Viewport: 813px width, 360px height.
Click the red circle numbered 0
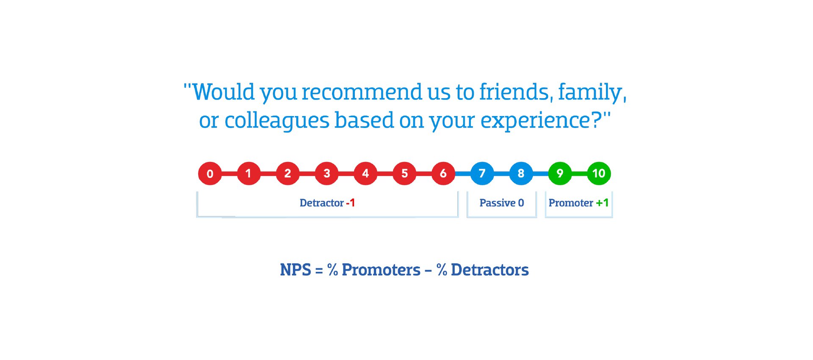210,174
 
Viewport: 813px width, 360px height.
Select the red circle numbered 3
326,174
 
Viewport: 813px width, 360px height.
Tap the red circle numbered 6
443,174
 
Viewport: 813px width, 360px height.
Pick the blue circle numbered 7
482,174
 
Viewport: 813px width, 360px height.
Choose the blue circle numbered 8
521,174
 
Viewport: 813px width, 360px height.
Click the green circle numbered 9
560,174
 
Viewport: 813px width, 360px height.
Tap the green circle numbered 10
599,174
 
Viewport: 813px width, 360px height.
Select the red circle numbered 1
249,174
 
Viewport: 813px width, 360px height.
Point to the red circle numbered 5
404,174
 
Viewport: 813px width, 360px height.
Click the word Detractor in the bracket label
321,203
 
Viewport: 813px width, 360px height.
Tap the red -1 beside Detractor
351,203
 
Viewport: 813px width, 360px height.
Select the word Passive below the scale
497,203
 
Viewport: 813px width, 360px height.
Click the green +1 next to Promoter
602,203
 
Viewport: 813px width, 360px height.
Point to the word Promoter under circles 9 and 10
570,203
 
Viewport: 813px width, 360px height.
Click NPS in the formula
296,270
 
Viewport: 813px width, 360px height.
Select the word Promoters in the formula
381,270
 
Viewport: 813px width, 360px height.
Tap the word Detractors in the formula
489,270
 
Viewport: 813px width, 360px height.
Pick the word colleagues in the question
277,121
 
